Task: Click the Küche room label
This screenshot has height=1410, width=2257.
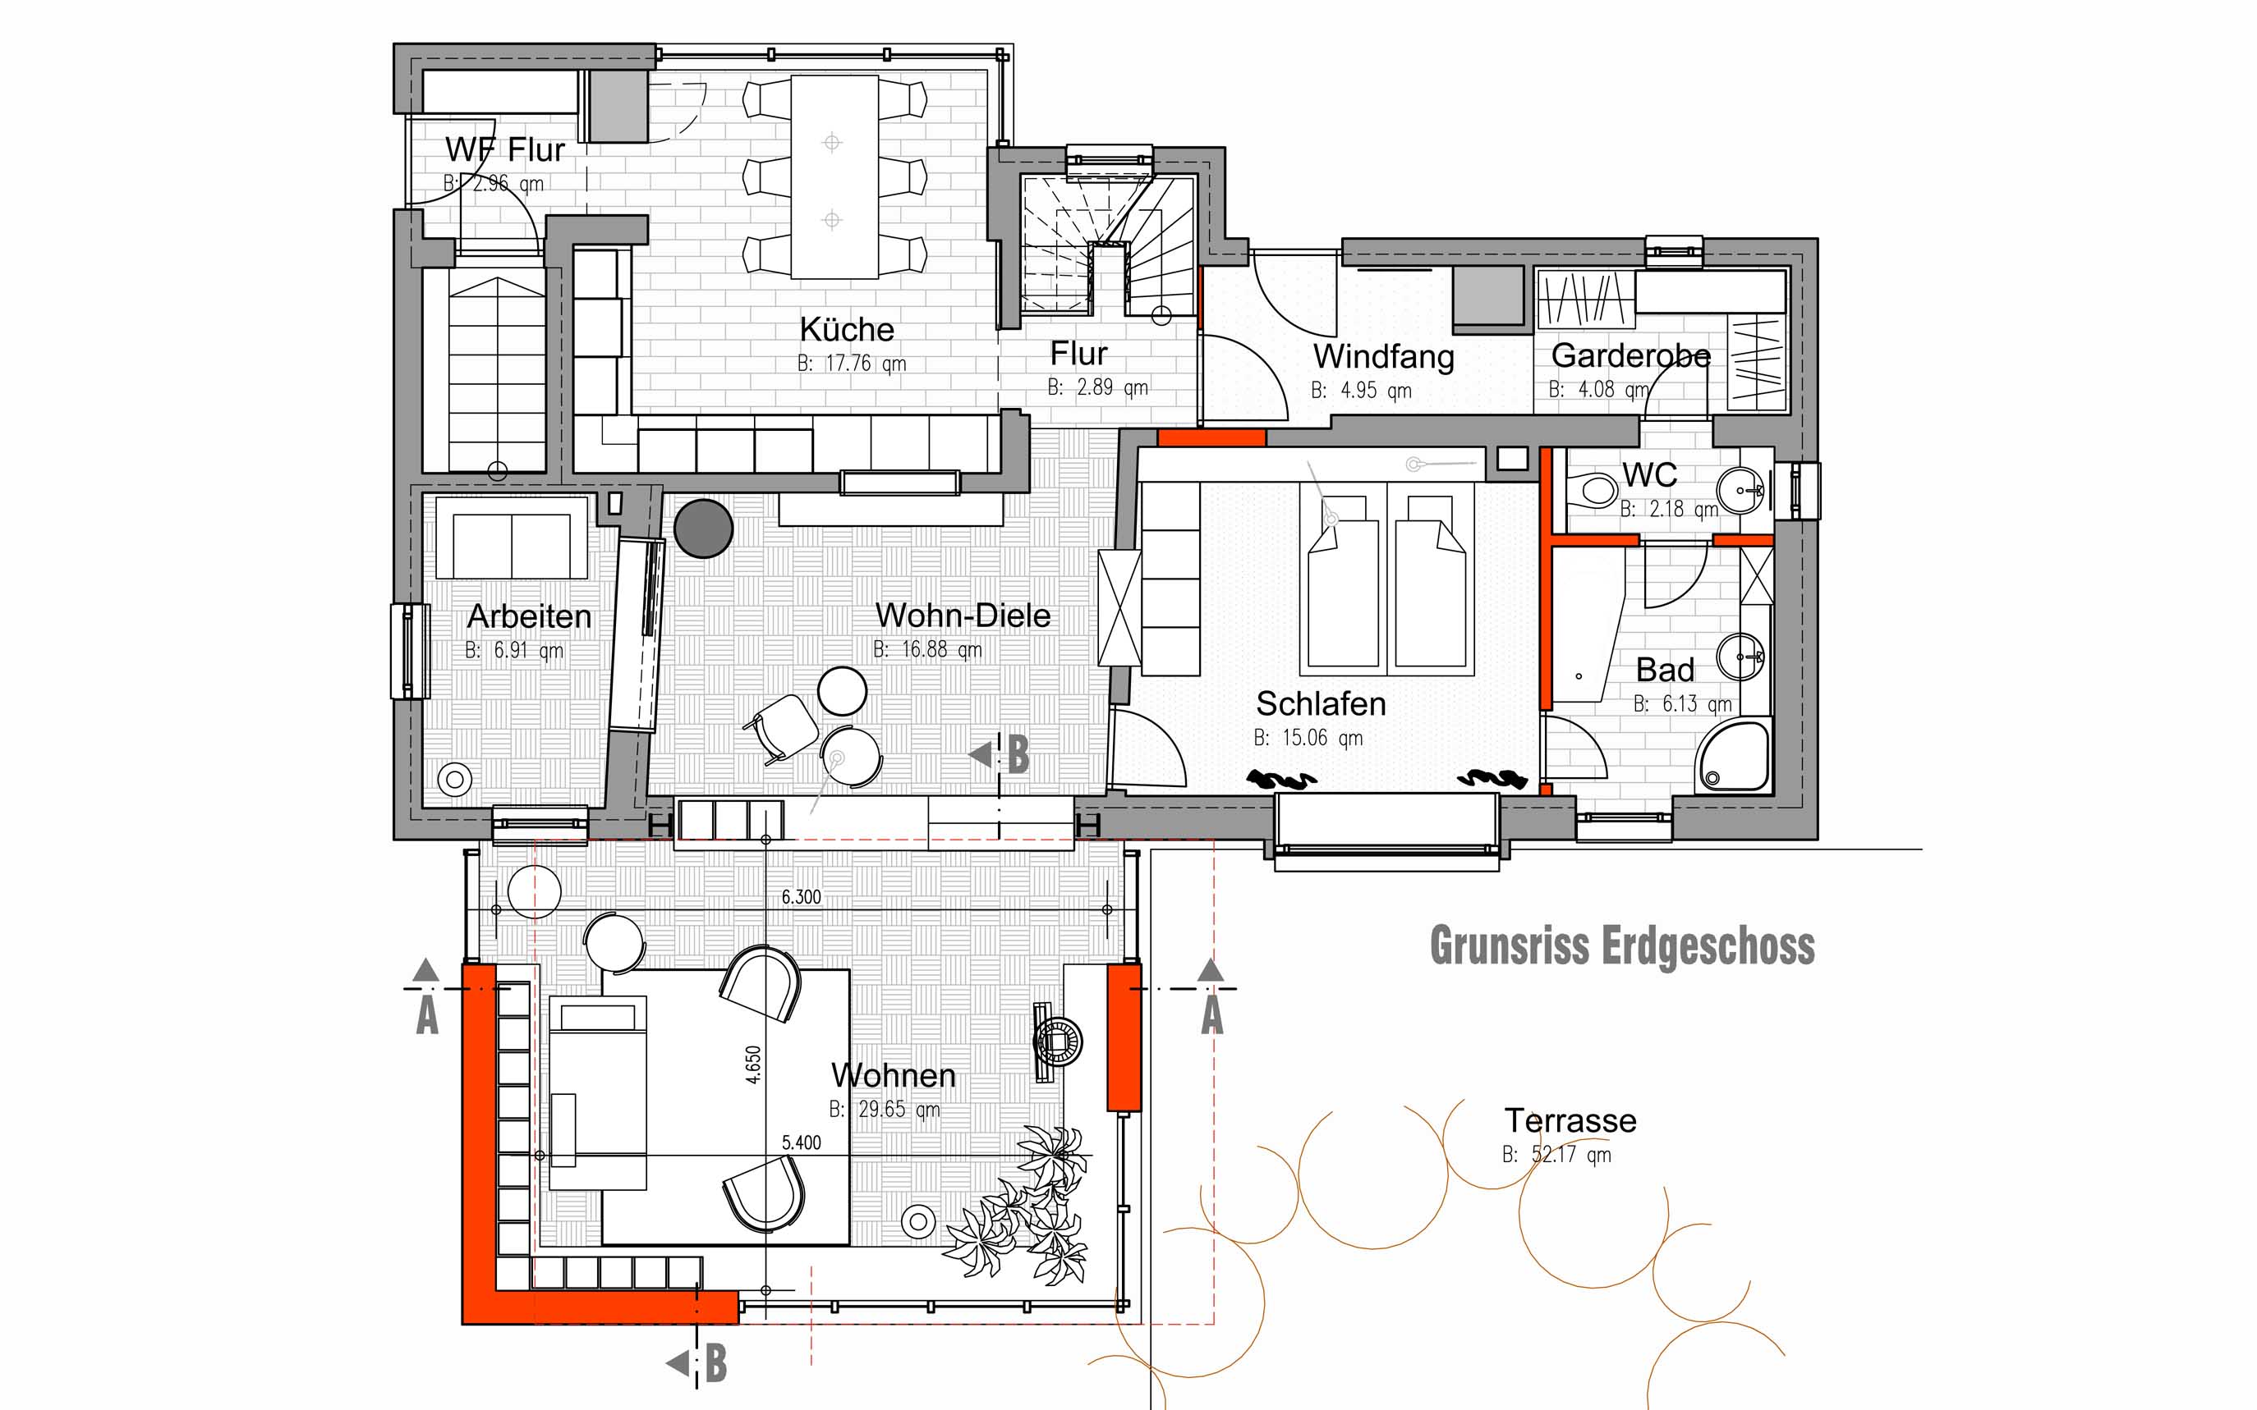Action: click(846, 329)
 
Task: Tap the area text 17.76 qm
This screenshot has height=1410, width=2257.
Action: click(865, 364)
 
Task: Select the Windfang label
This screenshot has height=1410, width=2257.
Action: click(1384, 356)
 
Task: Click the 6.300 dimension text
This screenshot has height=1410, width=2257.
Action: click(802, 897)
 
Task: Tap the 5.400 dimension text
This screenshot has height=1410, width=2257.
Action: click(802, 1142)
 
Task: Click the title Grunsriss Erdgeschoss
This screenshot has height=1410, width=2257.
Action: click(1623, 946)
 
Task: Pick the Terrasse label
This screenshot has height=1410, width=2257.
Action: click(1570, 1120)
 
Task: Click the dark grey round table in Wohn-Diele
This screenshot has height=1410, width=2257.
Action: click(704, 529)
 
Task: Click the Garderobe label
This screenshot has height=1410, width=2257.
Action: click(1631, 355)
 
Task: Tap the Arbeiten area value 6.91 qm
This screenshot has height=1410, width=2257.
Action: click(528, 650)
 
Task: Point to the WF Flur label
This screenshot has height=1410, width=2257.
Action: click(505, 149)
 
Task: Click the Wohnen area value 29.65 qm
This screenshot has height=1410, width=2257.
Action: click(899, 1109)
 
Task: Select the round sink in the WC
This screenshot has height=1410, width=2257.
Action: click(1741, 490)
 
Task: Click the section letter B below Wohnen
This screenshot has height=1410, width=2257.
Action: click(715, 1363)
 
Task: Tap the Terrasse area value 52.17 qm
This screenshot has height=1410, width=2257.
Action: click(1571, 1155)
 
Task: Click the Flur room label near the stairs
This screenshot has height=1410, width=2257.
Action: click(1078, 354)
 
